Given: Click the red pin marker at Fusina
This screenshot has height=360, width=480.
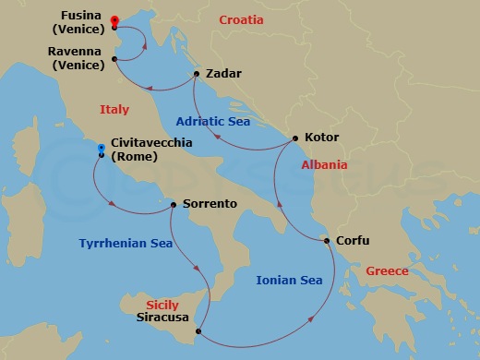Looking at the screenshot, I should (114, 20).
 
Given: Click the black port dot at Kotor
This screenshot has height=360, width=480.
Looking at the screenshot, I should (294, 138).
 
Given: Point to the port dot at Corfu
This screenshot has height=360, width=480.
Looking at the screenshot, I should (327, 241).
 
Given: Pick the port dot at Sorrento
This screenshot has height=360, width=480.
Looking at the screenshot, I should (174, 205).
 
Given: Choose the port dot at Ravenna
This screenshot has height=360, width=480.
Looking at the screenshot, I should (114, 60).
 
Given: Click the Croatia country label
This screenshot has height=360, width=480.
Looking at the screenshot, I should (242, 19).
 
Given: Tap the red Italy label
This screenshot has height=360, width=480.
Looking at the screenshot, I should (114, 110).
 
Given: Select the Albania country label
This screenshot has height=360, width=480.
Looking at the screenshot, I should (324, 165).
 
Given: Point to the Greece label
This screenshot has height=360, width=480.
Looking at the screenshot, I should (388, 271).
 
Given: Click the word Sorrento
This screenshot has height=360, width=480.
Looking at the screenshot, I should (210, 203).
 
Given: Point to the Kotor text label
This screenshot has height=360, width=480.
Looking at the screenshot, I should (321, 138).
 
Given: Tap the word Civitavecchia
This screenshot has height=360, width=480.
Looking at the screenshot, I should (150, 143).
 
